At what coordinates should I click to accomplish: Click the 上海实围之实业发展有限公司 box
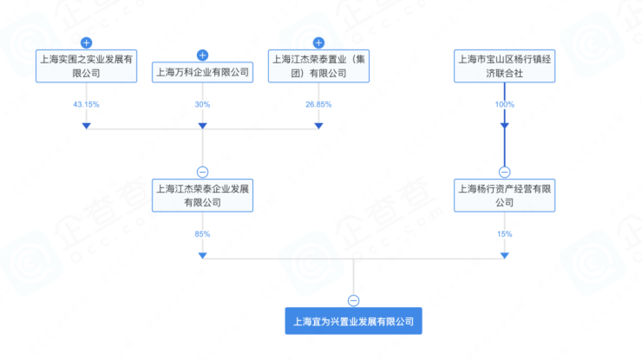pyautogui.click(x=87, y=66)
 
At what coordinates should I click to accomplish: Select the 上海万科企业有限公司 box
pyautogui.click(x=202, y=73)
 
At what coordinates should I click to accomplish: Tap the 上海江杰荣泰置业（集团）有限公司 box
pyautogui.click(x=318, y=66)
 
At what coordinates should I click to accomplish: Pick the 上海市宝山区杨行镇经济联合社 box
pyautogui.click(x=504, y=66)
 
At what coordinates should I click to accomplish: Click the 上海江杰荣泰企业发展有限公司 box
pyautogui.click(x=202, y=195)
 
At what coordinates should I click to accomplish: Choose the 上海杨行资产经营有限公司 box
pyautogui.click(x=504, y=195)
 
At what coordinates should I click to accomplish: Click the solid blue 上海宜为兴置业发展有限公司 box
pyautogui.click(x=353, y=321)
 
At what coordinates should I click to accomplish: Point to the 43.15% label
pyautogui.click(x=86, y=104)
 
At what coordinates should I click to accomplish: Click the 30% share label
pyautogui.click(x=202, y=104)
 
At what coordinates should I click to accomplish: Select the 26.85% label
pyautogui.click(x=318, y=104)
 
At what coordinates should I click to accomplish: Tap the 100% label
pyautogui.click(x=504, y=104)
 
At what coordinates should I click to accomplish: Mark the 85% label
pyautogui.click(x=202, y=234)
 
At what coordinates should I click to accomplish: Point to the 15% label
pyautogui.click(x=504, y=234)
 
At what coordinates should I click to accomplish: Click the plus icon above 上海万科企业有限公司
pyautogui.click(x=202, y=56)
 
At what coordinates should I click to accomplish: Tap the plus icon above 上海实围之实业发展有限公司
pyautogui.click(x=86, y=43)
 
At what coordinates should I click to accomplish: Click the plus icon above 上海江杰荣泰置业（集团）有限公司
pyautogui.click(x=318, y=43)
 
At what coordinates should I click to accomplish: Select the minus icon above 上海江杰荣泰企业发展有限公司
pyautogui.click(x=202, y=172)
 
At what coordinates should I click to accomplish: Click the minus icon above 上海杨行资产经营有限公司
pyautogui.click(x=504, y=172)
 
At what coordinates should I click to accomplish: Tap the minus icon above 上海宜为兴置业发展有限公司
pyautogui.click(x=353, y=301)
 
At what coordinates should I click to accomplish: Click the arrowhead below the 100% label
pyautogui.click(x=504, y=126)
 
